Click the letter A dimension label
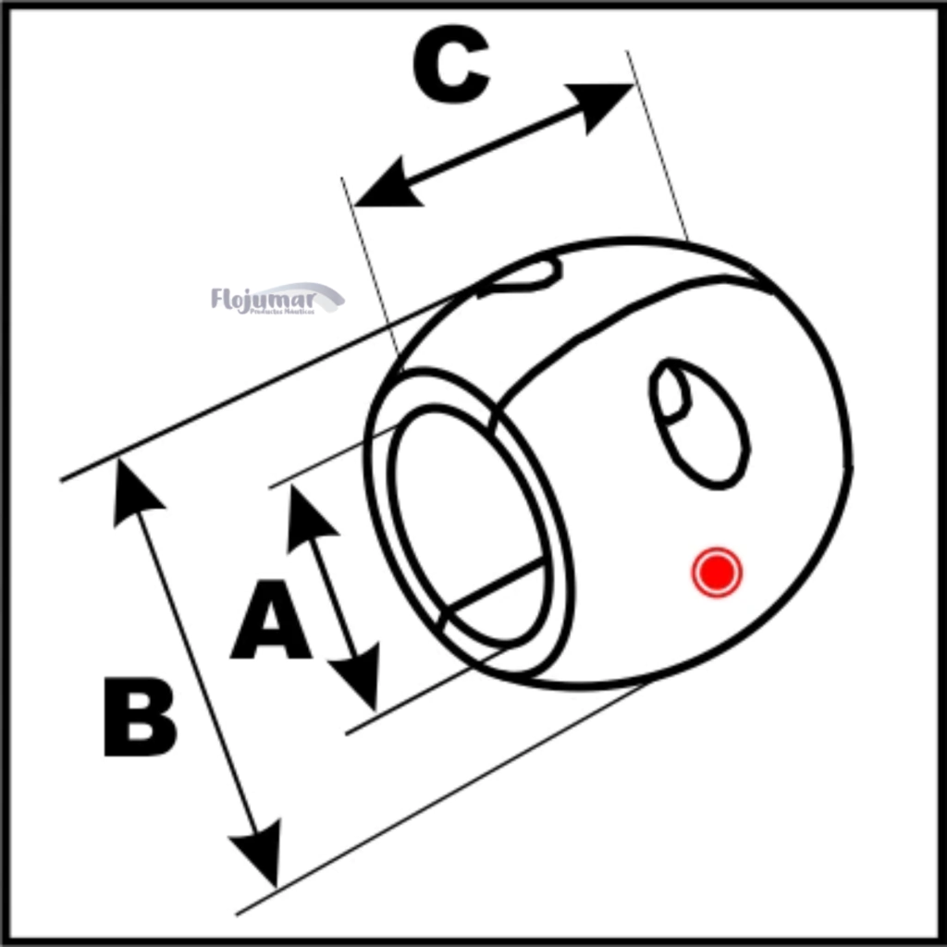point(270,621)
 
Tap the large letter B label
point(140,718)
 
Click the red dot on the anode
point(717,572)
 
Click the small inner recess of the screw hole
point(672,394)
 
